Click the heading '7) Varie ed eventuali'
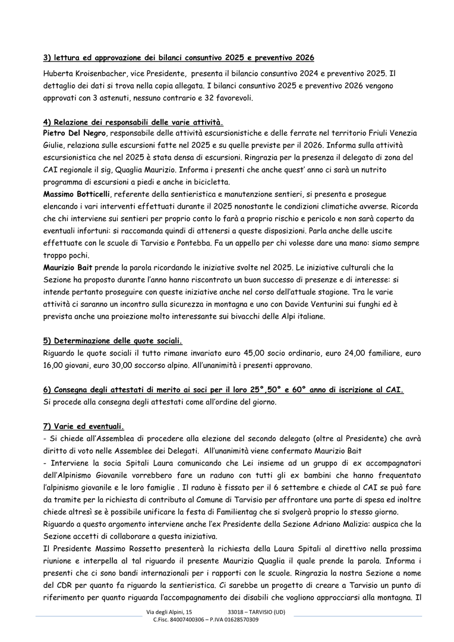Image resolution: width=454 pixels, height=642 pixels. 83,426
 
